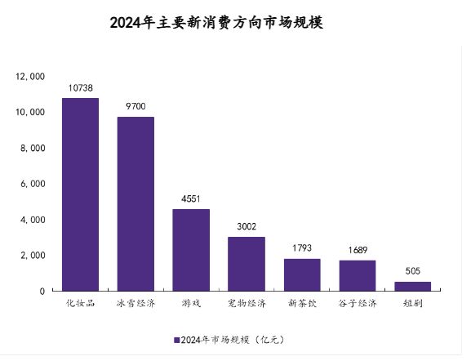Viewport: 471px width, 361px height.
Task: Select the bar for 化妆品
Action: click(80, 194)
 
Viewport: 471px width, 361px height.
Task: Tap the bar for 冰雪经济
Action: click(136, 203)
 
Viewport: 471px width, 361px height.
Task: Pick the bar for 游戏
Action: click(191, 250)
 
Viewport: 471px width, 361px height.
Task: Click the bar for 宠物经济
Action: click(247, 264)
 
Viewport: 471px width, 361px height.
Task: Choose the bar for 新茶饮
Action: click(302, 274)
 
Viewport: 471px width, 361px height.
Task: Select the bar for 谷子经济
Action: click(358, 275)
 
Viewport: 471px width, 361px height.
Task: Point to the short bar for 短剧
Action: click(413, 286)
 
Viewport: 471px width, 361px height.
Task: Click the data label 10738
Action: click(80, 87)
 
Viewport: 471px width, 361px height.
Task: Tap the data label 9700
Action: click(136, 105)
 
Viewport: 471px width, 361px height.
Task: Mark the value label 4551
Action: click(191, 198)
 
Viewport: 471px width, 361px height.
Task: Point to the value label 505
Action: click(413, 270)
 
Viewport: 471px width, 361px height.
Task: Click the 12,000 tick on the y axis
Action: click(30, 76)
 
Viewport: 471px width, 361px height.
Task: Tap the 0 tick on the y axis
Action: click(42, 292)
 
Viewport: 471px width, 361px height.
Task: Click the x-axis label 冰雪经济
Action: click(136, 304)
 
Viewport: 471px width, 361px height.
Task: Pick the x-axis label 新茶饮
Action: click(302, 304)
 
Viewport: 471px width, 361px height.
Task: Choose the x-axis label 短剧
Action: click(413, 304)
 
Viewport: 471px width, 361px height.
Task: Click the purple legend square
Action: click(176, 339)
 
